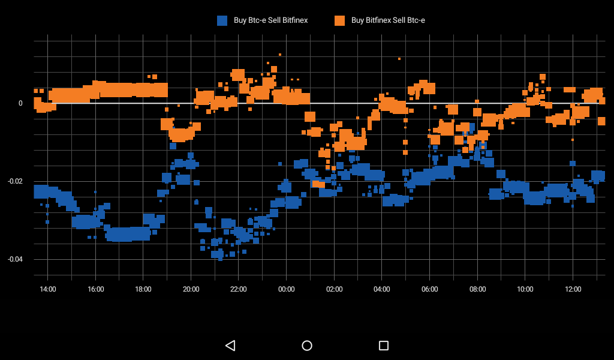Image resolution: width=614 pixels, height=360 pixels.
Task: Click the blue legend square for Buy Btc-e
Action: pos(222,20)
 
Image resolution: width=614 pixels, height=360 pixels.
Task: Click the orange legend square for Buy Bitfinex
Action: pos(339,20)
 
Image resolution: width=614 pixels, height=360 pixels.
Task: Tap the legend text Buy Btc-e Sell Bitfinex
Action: pos(270,20)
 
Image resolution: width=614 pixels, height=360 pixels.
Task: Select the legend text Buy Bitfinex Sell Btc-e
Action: pos(388,20)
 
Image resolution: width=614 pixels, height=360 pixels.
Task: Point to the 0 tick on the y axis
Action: pos(20,103)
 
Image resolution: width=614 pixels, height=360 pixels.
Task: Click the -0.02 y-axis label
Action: pos(14,181)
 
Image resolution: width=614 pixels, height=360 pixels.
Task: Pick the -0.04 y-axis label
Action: pos(14,259)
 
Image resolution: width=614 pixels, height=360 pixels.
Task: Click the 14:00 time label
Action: pos(48,289)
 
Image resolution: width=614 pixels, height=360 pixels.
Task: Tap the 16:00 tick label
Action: pos(96,289)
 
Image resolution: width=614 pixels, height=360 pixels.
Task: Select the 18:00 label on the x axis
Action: pos(143,289)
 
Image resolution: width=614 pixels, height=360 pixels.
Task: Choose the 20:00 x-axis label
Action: pos(191,289)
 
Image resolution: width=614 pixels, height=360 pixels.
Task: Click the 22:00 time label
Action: pos(239,289)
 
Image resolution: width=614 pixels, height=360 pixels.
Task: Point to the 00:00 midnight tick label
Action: pos(287,289)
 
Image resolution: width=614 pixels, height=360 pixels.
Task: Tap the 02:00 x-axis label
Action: pos(335,289)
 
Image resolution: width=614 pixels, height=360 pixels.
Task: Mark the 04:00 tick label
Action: pos(382,289)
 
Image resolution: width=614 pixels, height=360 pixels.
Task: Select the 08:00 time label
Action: pos(478,289)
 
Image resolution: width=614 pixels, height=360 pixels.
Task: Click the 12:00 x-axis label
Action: pos(573,289)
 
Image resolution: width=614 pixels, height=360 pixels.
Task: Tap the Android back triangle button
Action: pos(230,345)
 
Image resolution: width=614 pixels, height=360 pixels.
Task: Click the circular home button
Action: pos(307,345)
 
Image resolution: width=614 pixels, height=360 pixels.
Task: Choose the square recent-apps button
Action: pos(384,345)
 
